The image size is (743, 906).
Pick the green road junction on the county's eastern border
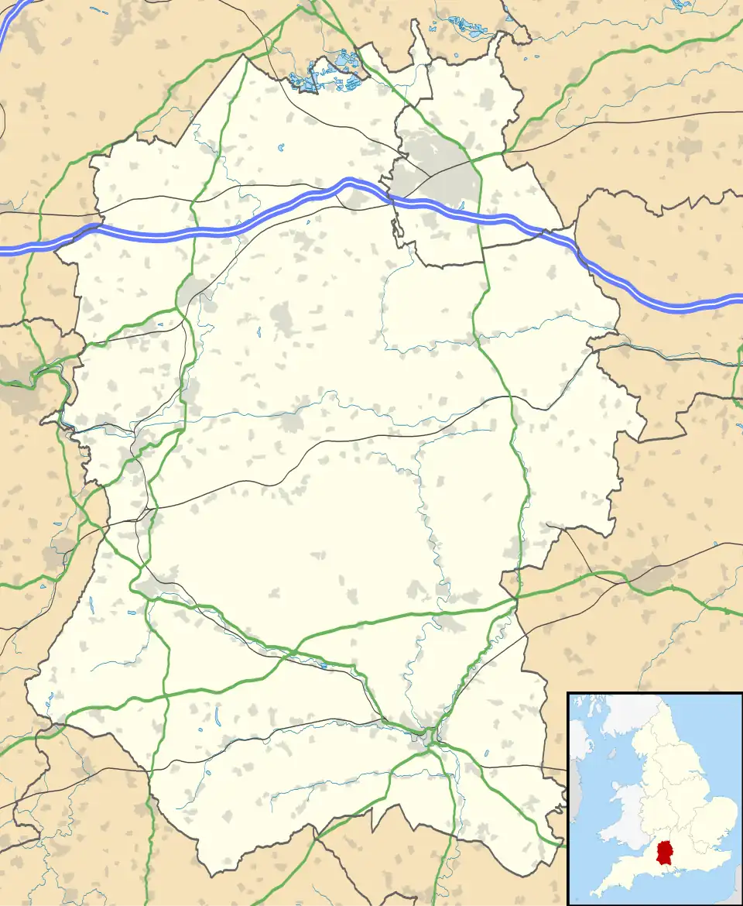tap(516, 598)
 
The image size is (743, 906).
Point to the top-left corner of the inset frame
tap(568, 693)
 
